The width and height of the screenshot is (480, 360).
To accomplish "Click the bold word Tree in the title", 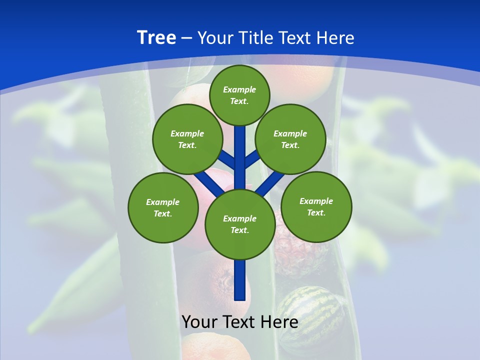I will tap(156, 38).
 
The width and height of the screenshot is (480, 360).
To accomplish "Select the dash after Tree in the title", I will tap(186, 38).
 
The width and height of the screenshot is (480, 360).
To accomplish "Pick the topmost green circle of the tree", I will tap(239, 95).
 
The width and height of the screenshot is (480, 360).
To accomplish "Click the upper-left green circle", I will tap(187, 139).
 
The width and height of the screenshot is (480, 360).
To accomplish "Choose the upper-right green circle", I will tap(290, 139).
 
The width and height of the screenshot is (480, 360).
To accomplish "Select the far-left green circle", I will tap(163, 207).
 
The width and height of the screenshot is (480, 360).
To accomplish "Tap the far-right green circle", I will tap(316, 206).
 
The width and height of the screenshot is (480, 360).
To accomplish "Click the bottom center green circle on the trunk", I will tap(240, 224).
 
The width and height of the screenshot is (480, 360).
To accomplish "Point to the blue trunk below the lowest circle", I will tap(240, 280).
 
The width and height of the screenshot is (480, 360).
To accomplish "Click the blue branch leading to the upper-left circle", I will tap(228, 160).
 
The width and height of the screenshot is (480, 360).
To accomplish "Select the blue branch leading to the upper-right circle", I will tap(252, 160).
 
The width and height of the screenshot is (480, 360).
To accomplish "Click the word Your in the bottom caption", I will tap(199, 322).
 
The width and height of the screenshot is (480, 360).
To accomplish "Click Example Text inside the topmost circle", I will tap(239, 95).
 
